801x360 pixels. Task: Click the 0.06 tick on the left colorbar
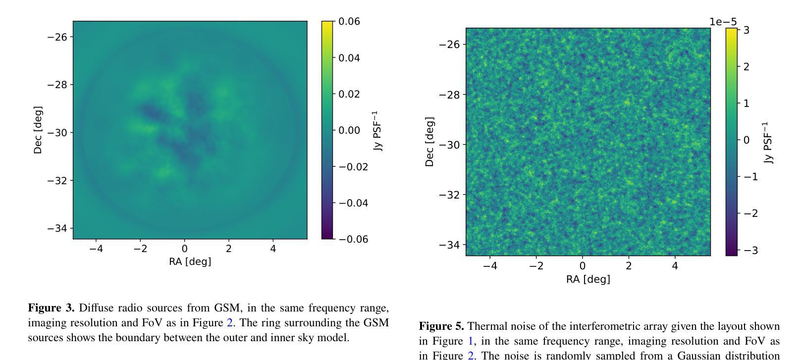pyautogui.click(x=349, y=21)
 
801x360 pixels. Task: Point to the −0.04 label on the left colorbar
pyautogui.click(x=353, y=203)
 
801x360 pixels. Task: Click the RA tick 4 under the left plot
pyautogui.click(x=273, y=249)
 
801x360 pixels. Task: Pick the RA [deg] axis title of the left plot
pyautogui.click(x=190, y=261)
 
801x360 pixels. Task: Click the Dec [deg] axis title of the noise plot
pyautogui.click(x=429, y=142)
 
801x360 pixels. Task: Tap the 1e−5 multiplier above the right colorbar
pyautogui.click(x=723, y=22)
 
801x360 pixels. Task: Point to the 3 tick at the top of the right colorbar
pyautogui.click(x=746, y=30)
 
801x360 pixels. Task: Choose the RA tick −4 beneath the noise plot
pyautogui.click(x=490, y=266)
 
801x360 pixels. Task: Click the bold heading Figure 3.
pyautogui.click(x=51, y=308)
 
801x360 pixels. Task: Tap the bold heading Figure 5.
pyautogui.click(x=441, y=326)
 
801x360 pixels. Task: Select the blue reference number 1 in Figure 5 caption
pyautogui.click(x=472, y=341)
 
